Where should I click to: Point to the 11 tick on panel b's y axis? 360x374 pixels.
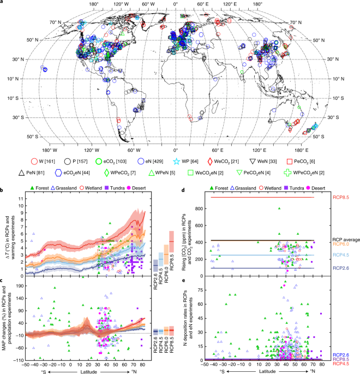click(x=20, y=191)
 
